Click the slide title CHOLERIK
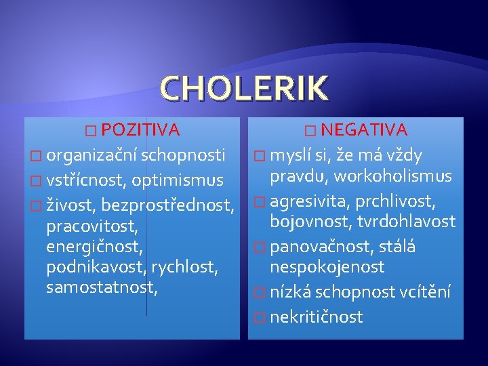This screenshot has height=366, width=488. pos(244,88)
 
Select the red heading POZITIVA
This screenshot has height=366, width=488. pos(141,129)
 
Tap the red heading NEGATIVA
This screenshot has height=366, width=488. pos(364,129)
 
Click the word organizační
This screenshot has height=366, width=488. pos(91,156)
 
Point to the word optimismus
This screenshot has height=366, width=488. pos(178,181)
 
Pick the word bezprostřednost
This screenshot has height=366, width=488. pos(168,205)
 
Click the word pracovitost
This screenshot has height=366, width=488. pos(91,226)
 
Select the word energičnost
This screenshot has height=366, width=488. pos(94,247)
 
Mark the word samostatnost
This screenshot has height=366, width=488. pos(102,287)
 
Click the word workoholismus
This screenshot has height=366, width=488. pos(392,176)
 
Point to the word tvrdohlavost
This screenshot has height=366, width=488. pos(406,221)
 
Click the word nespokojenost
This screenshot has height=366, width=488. pos(327,267)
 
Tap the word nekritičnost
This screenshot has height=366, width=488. pos(317,317)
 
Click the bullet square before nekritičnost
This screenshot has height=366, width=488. pos(260,318)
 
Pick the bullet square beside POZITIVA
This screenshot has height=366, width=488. pos(91,131)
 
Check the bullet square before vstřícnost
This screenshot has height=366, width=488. pos(36,181)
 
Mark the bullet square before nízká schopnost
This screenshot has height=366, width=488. pos(260,293)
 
